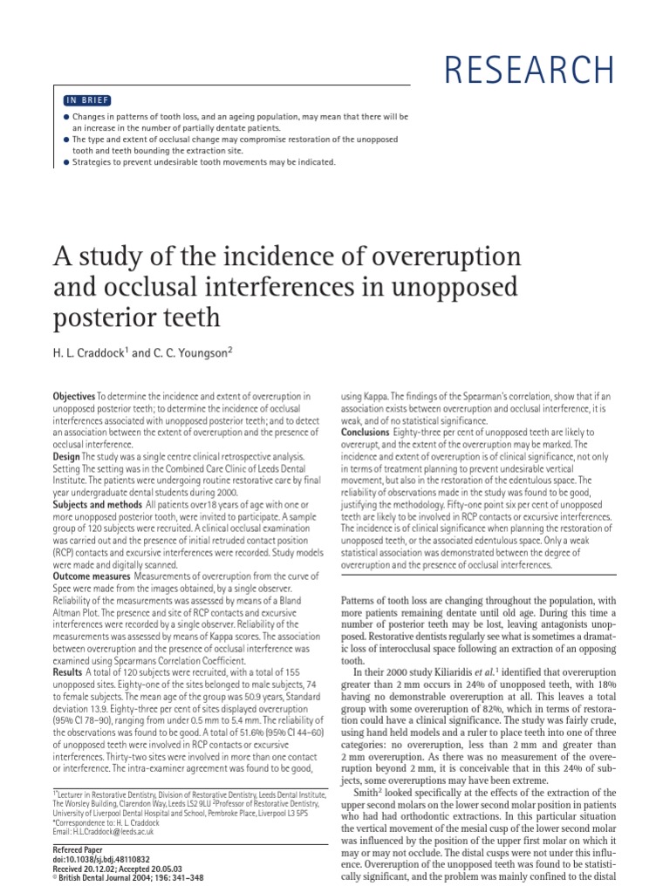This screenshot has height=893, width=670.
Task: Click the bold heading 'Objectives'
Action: coord(74,397)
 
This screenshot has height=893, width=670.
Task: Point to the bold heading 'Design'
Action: coord(67,456)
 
